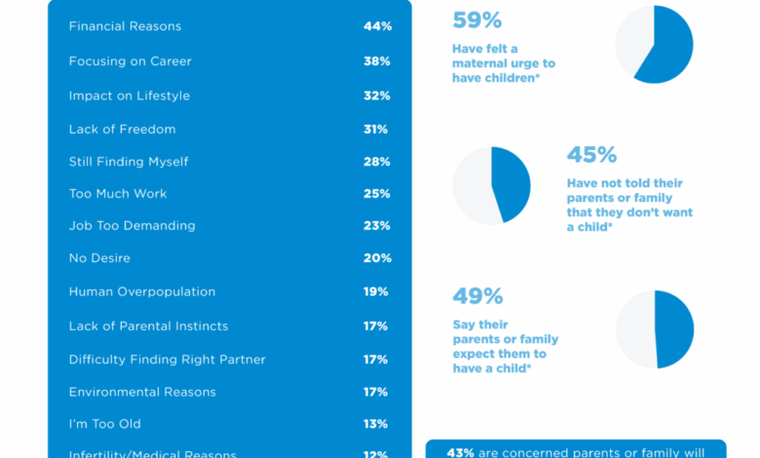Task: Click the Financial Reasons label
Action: coord(125,26)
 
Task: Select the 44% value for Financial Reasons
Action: coord(376,26)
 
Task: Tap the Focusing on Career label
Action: coord(130,61)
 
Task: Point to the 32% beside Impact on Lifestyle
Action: coord(376,95)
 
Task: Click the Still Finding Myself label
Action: coord(128,162)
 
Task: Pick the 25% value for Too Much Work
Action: coord(376,194)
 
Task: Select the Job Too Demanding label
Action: coord(132,225)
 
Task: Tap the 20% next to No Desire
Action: coord(376,258)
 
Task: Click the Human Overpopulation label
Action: coord(141,291)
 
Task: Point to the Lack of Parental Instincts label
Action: coord(147,326)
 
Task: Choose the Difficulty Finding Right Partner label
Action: coord(167,360)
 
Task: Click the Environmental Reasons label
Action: coord(142,392)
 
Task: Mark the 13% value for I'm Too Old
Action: coord(376,424)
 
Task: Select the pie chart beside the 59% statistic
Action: coord(654,44)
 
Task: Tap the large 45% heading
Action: coord(591,155)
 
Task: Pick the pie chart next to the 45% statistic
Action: coord(491,185)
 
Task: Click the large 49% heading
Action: coord(476,296)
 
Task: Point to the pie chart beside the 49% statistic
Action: coord(655,328)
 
